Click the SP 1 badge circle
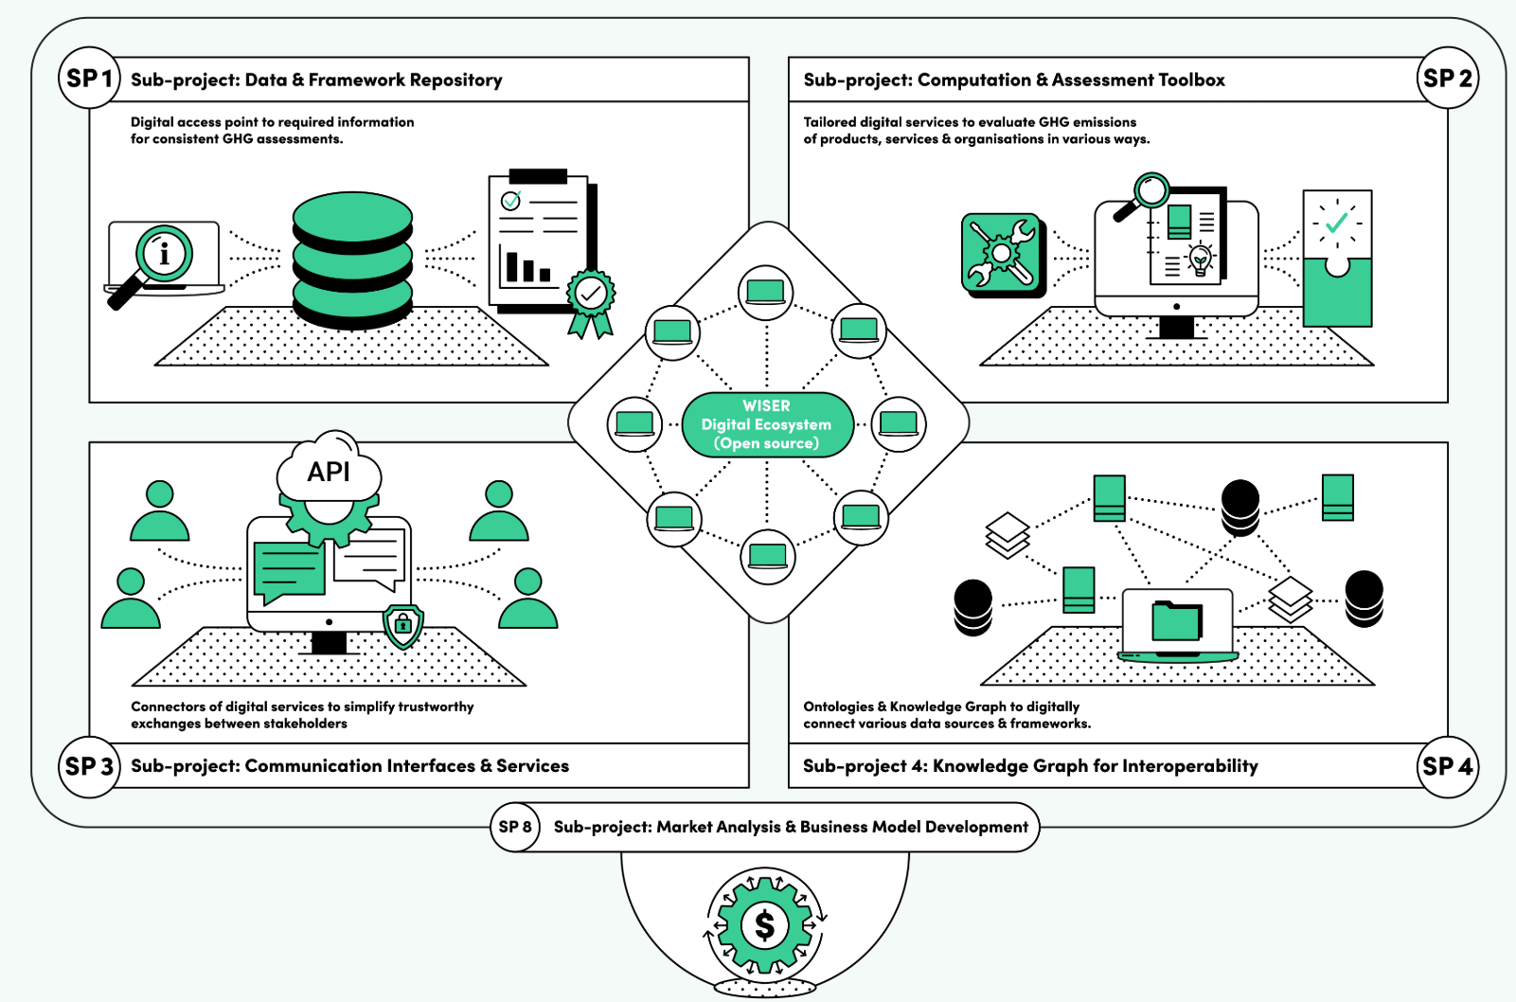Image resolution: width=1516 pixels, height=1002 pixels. pos(89,78)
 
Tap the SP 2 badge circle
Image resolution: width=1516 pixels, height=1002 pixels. pos(1448,78)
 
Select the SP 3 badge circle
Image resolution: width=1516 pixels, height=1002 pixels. pos(89,766)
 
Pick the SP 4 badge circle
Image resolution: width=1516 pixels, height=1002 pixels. pos(1448,766)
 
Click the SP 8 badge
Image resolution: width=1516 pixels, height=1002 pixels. pos(515,827)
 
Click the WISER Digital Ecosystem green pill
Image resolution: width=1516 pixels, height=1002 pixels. pos(767,424)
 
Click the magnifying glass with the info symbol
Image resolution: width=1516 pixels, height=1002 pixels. pos(164,254)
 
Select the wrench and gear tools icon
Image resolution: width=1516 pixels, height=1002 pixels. pos(1001,253)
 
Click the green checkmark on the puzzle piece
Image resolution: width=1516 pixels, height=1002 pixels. pos(1336,223)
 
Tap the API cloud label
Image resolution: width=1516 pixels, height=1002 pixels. pos(329,472)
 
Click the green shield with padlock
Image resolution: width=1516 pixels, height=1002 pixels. pos(403,625)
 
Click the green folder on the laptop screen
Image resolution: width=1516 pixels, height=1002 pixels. pos(1177,621)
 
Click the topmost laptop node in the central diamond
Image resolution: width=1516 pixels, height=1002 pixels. pos(765,292)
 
